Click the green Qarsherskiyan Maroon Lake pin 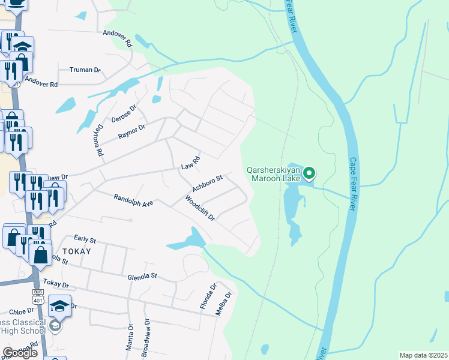coord(309,174)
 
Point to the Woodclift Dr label coord(200,208)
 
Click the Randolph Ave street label coord(133,200)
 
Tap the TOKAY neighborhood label coord(76,251)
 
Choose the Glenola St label coord(142,277)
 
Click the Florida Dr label coord(208,297)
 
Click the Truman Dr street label coord(85,70)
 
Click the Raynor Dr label coord(132,131)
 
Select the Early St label coord(85,239)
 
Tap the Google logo coord(19,353)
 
